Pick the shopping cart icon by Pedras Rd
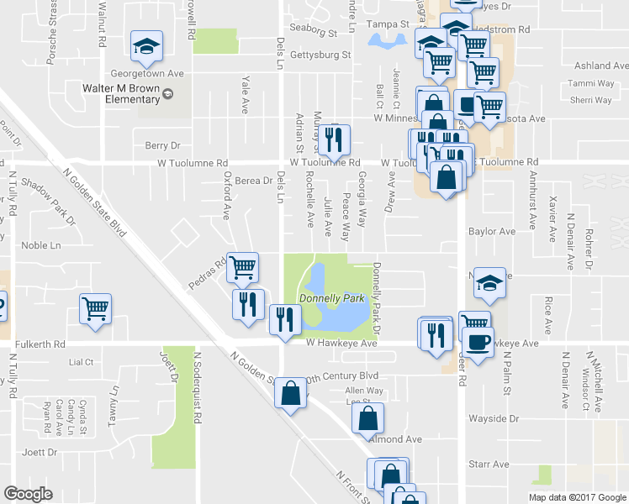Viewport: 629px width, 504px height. click(x=242, y=268)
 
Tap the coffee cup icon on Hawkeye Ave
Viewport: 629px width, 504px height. click(x=478, y=343)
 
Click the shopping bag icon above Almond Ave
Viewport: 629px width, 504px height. click(x=367, y=418)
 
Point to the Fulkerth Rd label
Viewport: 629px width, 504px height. click(x=35, y=344)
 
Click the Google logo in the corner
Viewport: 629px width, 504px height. click(x=28, y=494)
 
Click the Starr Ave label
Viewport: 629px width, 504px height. click(x=489, y=464)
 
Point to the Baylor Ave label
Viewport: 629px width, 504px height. click(x=492, y=231)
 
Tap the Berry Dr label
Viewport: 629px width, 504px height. click(x=162, y=145)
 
